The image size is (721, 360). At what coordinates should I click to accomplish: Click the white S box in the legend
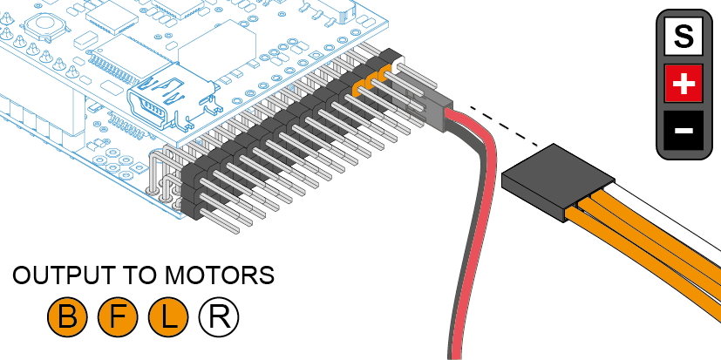tap(684, 37)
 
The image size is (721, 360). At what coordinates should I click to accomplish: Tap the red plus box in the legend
tap(684, 85)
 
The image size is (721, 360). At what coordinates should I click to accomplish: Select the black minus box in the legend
tap(684, 131)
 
